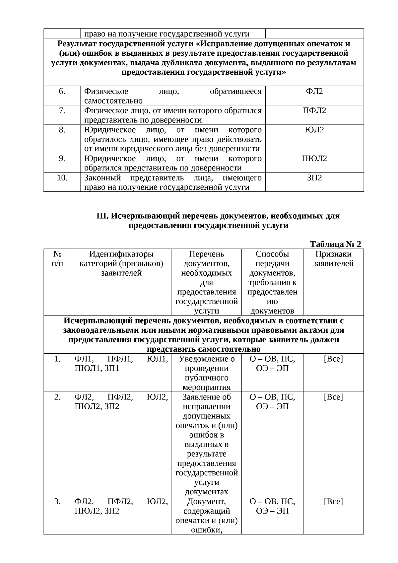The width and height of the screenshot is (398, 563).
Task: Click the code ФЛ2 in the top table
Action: pos(314,91)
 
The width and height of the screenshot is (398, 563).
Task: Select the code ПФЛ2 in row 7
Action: pos(314,110)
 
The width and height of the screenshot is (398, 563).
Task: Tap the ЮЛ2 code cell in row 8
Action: pos(314,130)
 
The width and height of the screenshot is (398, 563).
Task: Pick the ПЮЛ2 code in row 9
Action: pos(314,159)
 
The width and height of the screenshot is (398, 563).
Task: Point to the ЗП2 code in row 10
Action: pos(314,178)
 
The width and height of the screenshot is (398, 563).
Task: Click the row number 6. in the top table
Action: pos(62,91)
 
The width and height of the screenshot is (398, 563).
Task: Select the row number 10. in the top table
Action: pos(62,178)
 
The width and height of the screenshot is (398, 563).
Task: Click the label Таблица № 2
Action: pos(335,244)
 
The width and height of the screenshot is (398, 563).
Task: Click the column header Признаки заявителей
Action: pos(333,259)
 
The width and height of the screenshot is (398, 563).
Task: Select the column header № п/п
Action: pos(57,259)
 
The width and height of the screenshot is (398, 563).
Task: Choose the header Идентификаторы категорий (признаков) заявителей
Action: pos(121,263)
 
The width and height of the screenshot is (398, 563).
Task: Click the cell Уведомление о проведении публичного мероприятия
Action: pos(206,373)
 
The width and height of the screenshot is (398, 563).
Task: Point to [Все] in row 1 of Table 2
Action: pos(333,359)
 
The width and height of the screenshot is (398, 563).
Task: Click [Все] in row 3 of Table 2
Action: pos(333,501)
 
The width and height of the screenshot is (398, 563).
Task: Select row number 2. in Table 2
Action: pos(57,397)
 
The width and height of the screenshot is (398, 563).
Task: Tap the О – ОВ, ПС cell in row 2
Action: pos(272,397)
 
